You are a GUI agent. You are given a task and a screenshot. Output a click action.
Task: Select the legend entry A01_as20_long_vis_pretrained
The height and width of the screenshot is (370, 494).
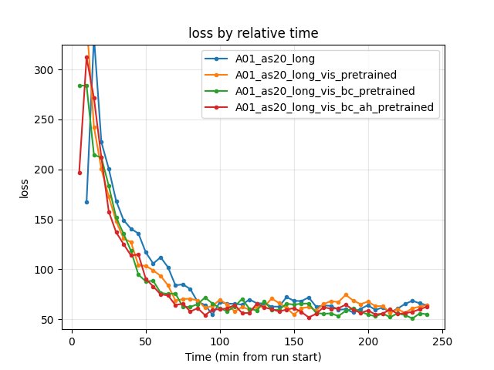point(316,75)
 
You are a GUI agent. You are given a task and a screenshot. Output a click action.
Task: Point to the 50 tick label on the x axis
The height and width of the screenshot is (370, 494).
point(146,341)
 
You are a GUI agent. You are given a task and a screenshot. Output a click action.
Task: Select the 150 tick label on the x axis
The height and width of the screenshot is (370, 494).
point(294,341)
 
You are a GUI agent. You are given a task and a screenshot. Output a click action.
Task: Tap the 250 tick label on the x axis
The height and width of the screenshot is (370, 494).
point(442,341)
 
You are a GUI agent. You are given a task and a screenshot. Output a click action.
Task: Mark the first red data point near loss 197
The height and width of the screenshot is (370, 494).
point(80,173)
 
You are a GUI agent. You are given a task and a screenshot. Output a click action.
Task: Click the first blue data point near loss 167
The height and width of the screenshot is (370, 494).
point(86,202)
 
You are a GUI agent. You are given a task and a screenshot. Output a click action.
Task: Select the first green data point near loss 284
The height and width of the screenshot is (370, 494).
point(80,86)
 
